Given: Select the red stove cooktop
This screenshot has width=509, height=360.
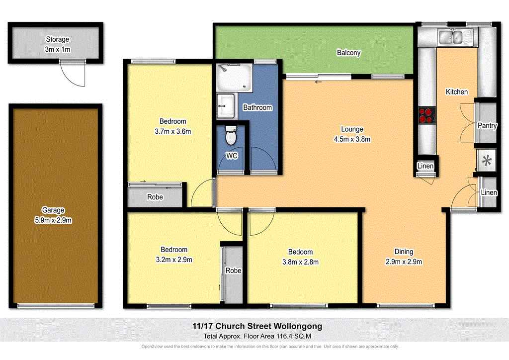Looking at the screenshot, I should pos(425,115).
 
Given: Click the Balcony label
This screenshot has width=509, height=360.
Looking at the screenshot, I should pos(348,53).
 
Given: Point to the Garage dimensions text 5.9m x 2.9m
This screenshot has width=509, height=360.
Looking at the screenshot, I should pos(53,220).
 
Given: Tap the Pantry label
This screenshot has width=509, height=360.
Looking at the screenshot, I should pos(487,126).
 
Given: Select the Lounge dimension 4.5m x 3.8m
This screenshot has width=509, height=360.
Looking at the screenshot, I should pos(352,139).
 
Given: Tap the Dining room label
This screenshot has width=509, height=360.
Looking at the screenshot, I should pos(404,252).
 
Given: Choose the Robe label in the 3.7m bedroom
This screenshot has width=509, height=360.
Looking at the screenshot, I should pos(155,197).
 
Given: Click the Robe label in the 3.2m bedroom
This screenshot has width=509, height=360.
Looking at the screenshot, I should pos(234,271).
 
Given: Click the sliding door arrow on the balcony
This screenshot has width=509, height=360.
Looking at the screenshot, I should pos(318,82).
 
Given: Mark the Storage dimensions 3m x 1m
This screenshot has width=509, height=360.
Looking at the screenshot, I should pos(58,48).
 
